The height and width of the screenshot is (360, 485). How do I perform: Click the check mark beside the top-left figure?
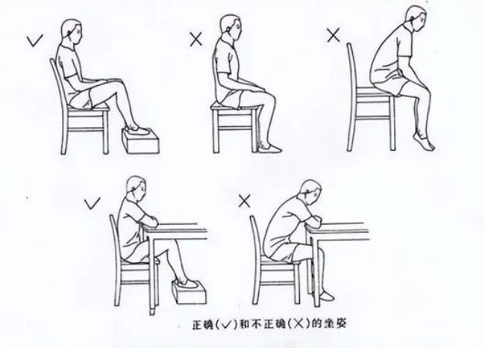click(34, 41)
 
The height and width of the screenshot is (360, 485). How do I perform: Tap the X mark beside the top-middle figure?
click(195, 40)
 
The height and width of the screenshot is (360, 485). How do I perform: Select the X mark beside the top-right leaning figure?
click(334, 34)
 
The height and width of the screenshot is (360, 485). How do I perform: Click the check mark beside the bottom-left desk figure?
click(92, 203)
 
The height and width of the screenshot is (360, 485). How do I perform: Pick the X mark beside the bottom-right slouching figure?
click(244, 202)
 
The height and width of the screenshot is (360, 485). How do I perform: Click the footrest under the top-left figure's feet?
click(141, 141)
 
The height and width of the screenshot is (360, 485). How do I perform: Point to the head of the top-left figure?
click(72, 31)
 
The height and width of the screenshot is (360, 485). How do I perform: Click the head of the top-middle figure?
click(231, 27)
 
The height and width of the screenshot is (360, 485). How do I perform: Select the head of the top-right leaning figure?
click(416, 19)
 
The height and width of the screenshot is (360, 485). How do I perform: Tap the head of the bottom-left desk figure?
click(136, 189)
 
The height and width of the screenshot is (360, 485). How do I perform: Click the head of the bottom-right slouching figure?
click(310, 193)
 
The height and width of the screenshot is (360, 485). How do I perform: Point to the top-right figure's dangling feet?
click(425, 141)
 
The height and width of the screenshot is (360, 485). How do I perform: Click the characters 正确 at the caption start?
click(203, 324)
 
